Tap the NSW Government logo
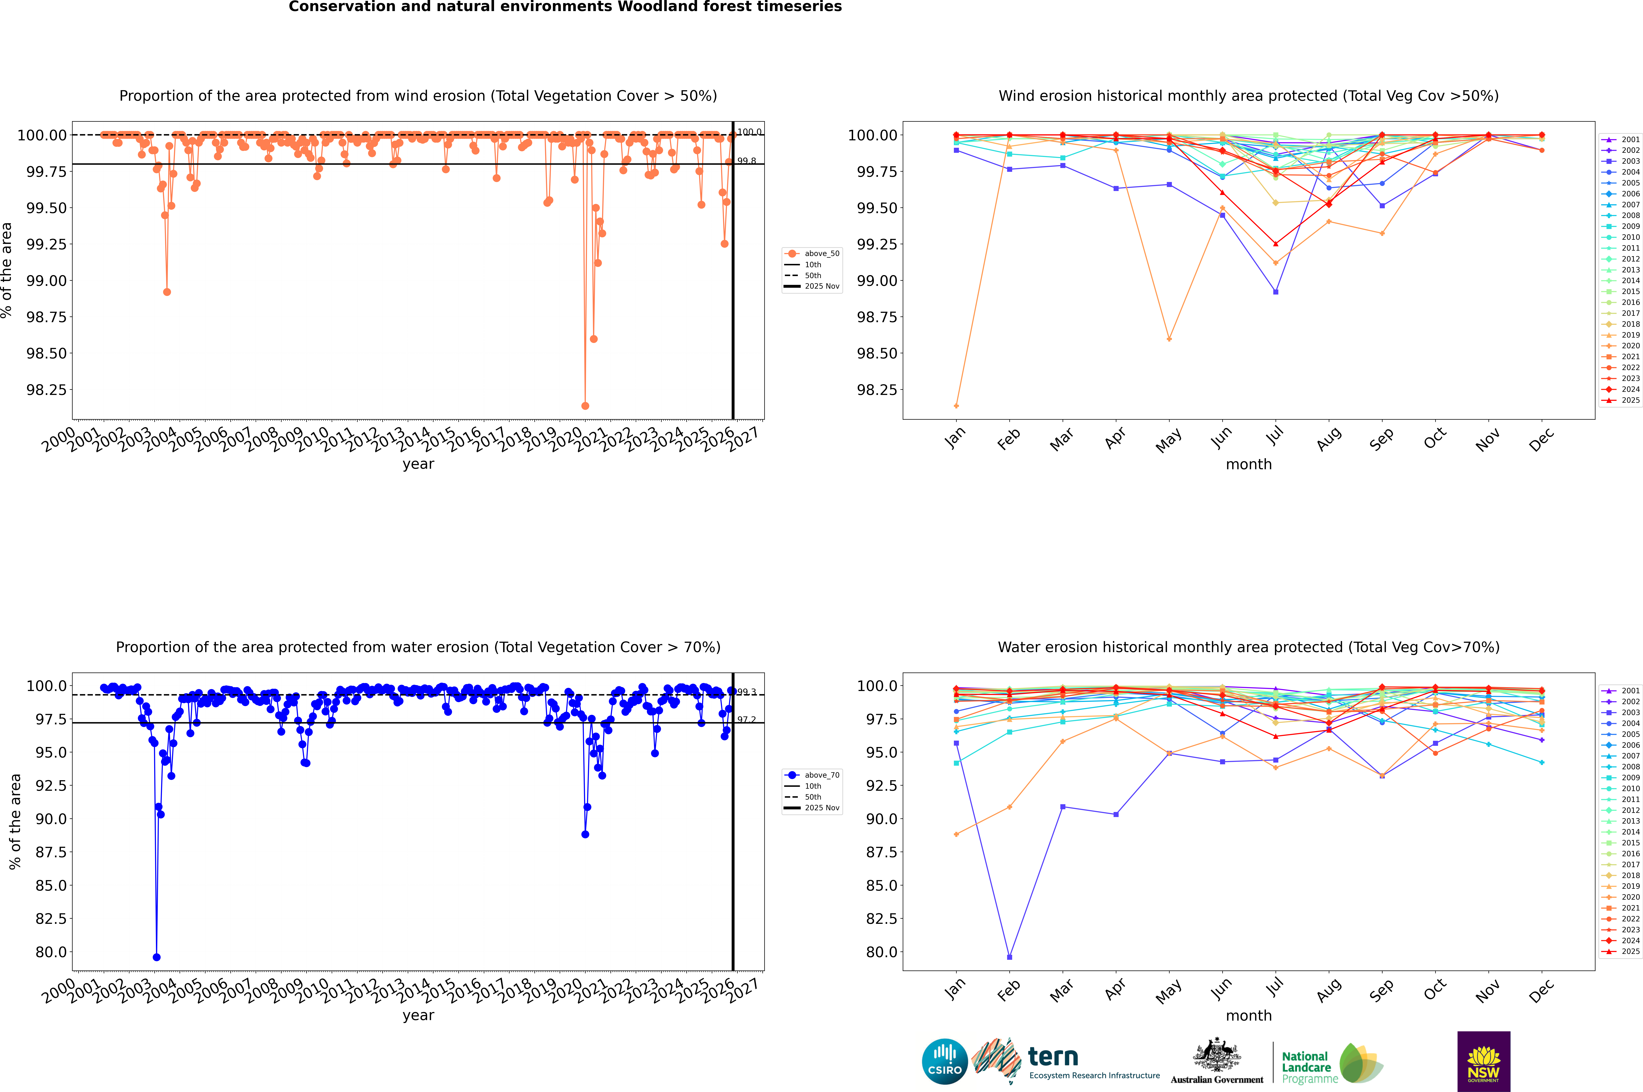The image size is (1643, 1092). tap(1483, 1061)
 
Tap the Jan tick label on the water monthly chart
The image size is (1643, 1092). tap(955, 990)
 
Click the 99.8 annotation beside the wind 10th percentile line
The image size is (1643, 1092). tap(747, 161)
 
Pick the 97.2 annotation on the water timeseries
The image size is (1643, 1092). tap(747, 720)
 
